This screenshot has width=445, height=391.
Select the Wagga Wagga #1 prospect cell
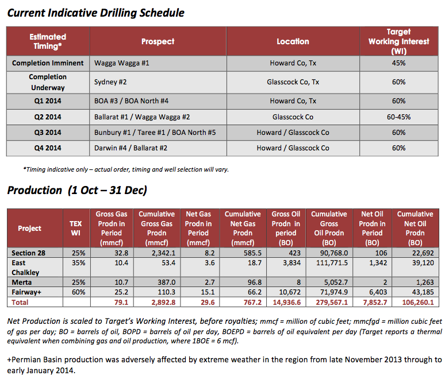point(121,63)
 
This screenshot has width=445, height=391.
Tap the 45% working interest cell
point(399,63)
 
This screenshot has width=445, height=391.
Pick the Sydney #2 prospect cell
point(110,82)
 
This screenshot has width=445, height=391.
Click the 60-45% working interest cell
point(399,117)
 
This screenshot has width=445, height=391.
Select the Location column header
point(293,41)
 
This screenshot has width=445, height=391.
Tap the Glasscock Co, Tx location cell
point(293,82)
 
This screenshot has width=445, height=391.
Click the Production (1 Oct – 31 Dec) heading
point(77,190)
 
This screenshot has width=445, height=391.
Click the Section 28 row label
point(29,253)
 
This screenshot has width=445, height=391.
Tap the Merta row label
point(22,283)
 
